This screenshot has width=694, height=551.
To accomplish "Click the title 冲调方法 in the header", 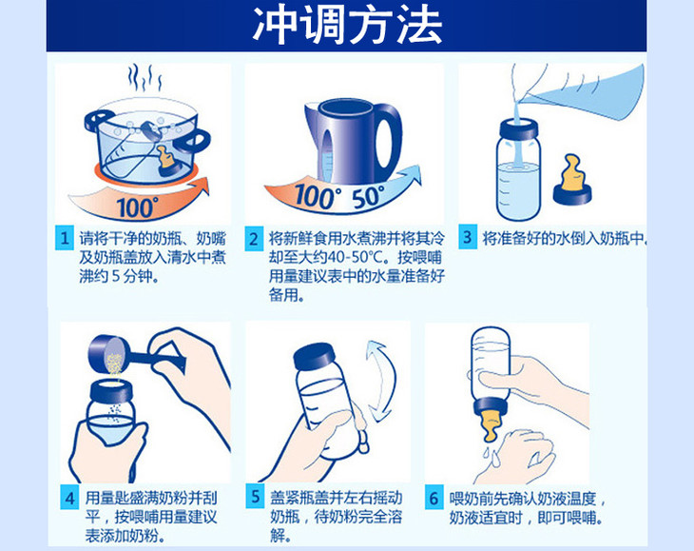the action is (x=347, y=26).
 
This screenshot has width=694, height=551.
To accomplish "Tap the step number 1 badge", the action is (x=65, y=238).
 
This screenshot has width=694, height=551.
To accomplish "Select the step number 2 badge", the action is (x=254, y=239).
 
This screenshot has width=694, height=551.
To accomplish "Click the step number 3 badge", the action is (x=468, y=237).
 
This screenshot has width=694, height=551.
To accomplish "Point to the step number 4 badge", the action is (x=69, y=498).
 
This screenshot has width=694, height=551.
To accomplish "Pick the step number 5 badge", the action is (x=256, y=497).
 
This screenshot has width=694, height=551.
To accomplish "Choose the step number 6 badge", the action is (x=434, y=498).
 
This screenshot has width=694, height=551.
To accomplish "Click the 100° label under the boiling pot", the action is (x=137, y=207).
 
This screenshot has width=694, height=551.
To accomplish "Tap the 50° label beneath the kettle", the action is (x=368, y=197).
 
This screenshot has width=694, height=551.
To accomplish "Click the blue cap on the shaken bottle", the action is (x=315, y=356).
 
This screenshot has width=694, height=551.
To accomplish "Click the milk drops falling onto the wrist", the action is (x=492, y=456).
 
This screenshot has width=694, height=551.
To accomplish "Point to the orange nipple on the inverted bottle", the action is (x=491, y=426).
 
